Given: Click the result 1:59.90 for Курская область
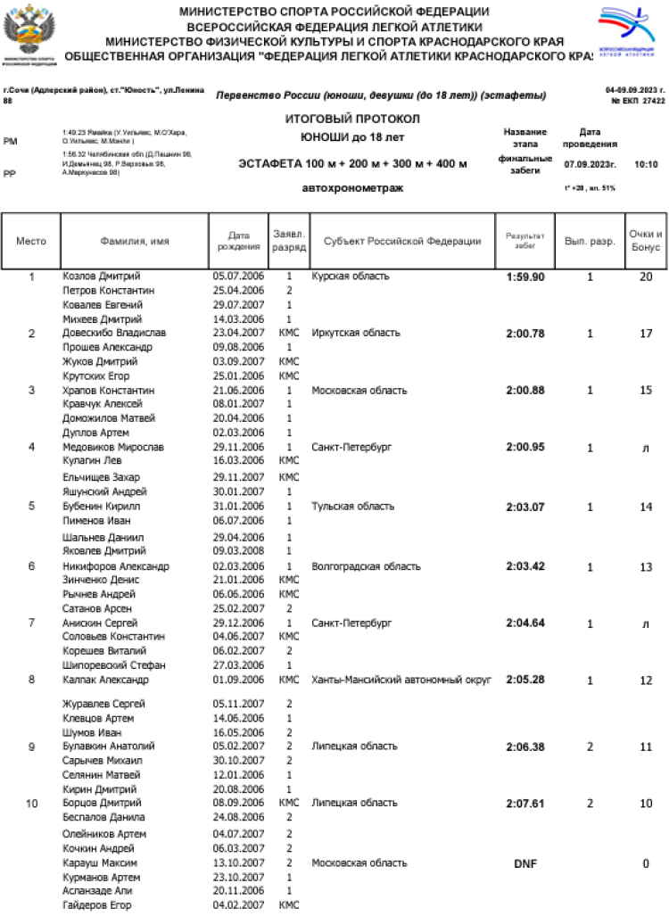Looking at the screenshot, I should [x=524, y=277].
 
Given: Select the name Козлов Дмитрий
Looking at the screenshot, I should [x=101, y=276].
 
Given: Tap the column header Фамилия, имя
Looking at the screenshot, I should [x=134, y=242].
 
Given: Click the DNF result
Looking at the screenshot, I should [x=524, y=863].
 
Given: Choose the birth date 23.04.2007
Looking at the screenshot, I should [x=238, y=333].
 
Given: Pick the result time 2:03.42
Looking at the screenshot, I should [x=524, y=566].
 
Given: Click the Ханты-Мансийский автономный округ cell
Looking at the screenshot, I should [x=401, y=680].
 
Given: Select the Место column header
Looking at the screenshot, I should [x=31, y=242].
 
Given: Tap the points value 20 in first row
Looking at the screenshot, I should [x=645, y=277].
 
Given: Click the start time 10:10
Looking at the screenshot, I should [x=646, y=165].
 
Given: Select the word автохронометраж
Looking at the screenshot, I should [x=352, y=188].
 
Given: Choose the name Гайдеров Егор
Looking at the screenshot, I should [x=96, y=905].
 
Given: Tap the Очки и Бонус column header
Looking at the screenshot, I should [x=645, y=241].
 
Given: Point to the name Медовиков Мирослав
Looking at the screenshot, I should [x=112, y=447].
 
